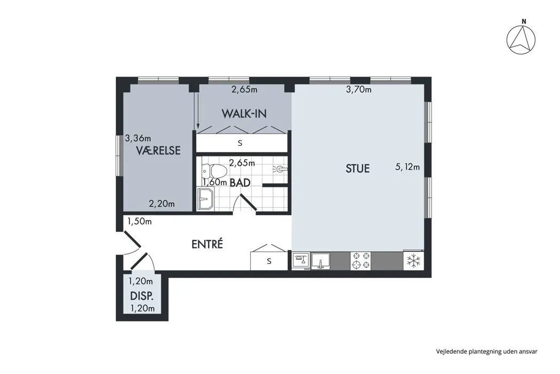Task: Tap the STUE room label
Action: (357, 169)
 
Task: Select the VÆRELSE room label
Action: (158, 151)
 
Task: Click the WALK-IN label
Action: (244, 114)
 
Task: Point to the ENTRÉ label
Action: (207, 244)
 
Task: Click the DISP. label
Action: (142, 297)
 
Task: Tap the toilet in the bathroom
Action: (214, 172)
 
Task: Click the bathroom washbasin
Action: (205, 199)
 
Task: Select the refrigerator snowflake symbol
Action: (413, 261)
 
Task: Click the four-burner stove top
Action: (361, 261)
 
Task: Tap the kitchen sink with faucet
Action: (321, 261)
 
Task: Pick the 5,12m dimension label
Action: (407, 167)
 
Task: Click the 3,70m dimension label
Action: (358, 89)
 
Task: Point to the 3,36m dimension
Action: (138, 138)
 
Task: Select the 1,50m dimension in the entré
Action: (140, 222)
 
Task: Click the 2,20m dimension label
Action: (162, 204)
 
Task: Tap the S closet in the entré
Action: (269, 261)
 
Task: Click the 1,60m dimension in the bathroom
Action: (214, 182)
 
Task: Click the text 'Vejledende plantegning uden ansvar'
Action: (486, 352)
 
